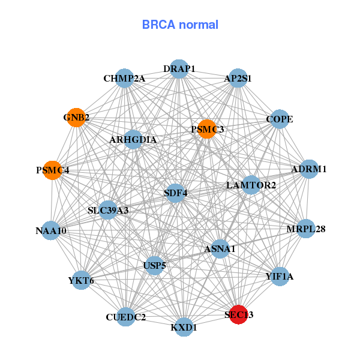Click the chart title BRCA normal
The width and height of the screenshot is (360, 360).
click(x=180, y=25)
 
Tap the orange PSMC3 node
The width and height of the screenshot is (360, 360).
click(x=206, y=128)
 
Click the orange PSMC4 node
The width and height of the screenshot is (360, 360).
click(x=53, y=170)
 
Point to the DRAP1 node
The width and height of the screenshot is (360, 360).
click(x=179, y=69)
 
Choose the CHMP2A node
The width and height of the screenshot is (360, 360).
click(x=124, y=79)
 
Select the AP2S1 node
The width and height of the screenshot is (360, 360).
click(x=238, y=79)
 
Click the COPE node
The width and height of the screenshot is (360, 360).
click(x=280, y=119)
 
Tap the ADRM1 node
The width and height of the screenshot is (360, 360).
click(x=308, y=169)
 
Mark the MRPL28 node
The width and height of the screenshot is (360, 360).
click(x=305, y=229)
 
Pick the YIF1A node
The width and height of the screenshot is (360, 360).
click(x=280, y=277)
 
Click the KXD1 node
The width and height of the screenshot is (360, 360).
click(x=184, y=327)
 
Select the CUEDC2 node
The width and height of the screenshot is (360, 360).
click(x=125, y=317)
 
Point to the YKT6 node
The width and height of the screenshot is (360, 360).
click(x=81, y=280)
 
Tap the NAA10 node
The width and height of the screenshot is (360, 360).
click(x=51, y=230)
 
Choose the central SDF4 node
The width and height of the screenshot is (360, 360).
click(x=175, y=193)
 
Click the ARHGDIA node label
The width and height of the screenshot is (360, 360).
click(x=133, y=140)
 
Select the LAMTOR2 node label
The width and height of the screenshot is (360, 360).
click(x=251, y=185)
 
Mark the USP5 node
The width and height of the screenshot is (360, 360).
click(x=155, y=265)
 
